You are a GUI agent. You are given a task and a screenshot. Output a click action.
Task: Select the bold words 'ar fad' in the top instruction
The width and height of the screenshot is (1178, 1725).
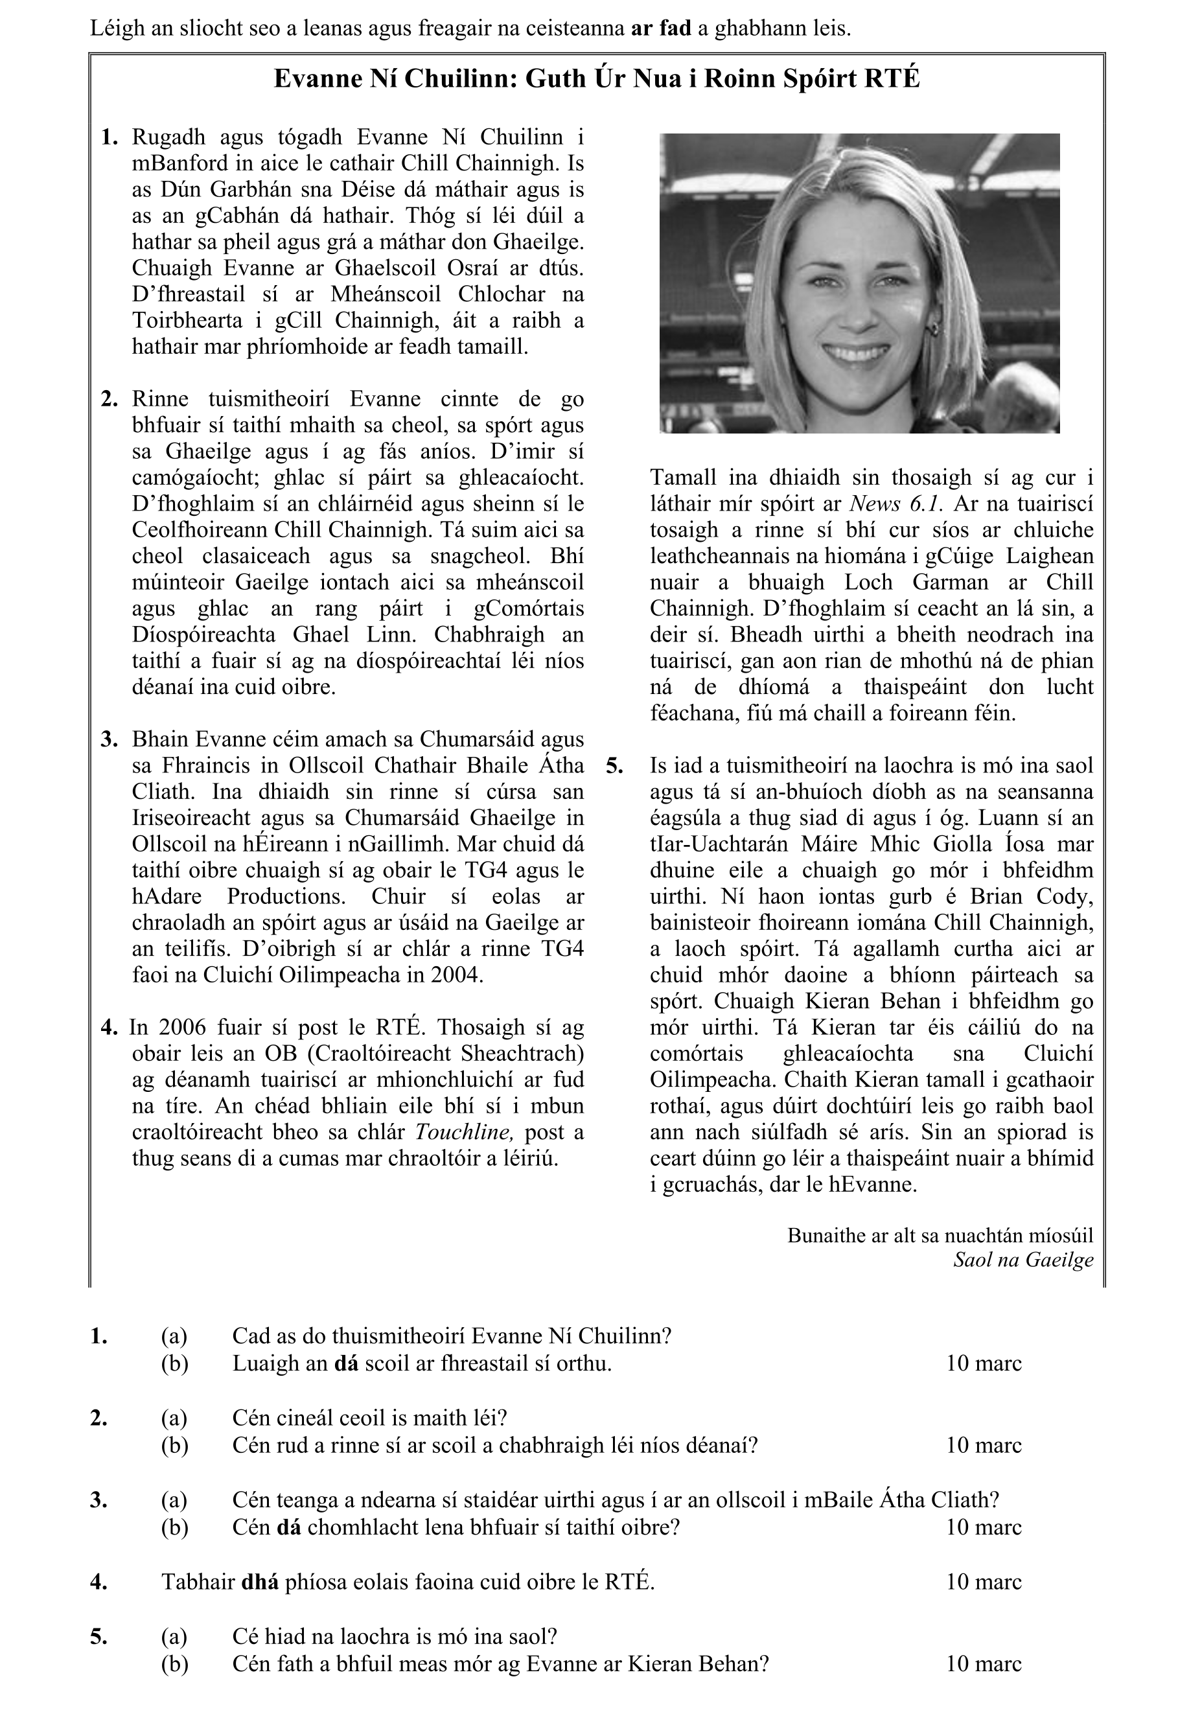[x=661, y=29]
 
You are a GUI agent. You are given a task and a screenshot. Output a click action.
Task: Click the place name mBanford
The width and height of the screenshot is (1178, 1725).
[x=174, y=163]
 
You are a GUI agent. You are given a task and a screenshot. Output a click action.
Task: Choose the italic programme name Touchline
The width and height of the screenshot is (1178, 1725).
[x=463, y=1132]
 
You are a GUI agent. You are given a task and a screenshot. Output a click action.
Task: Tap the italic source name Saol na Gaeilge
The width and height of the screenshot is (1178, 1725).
[x=1023, y=1260]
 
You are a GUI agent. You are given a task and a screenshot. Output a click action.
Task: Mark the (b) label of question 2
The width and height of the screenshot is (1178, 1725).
[x=174, y=1445]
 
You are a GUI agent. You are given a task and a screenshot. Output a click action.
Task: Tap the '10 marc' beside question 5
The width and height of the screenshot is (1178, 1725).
[x=984, y=1663]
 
